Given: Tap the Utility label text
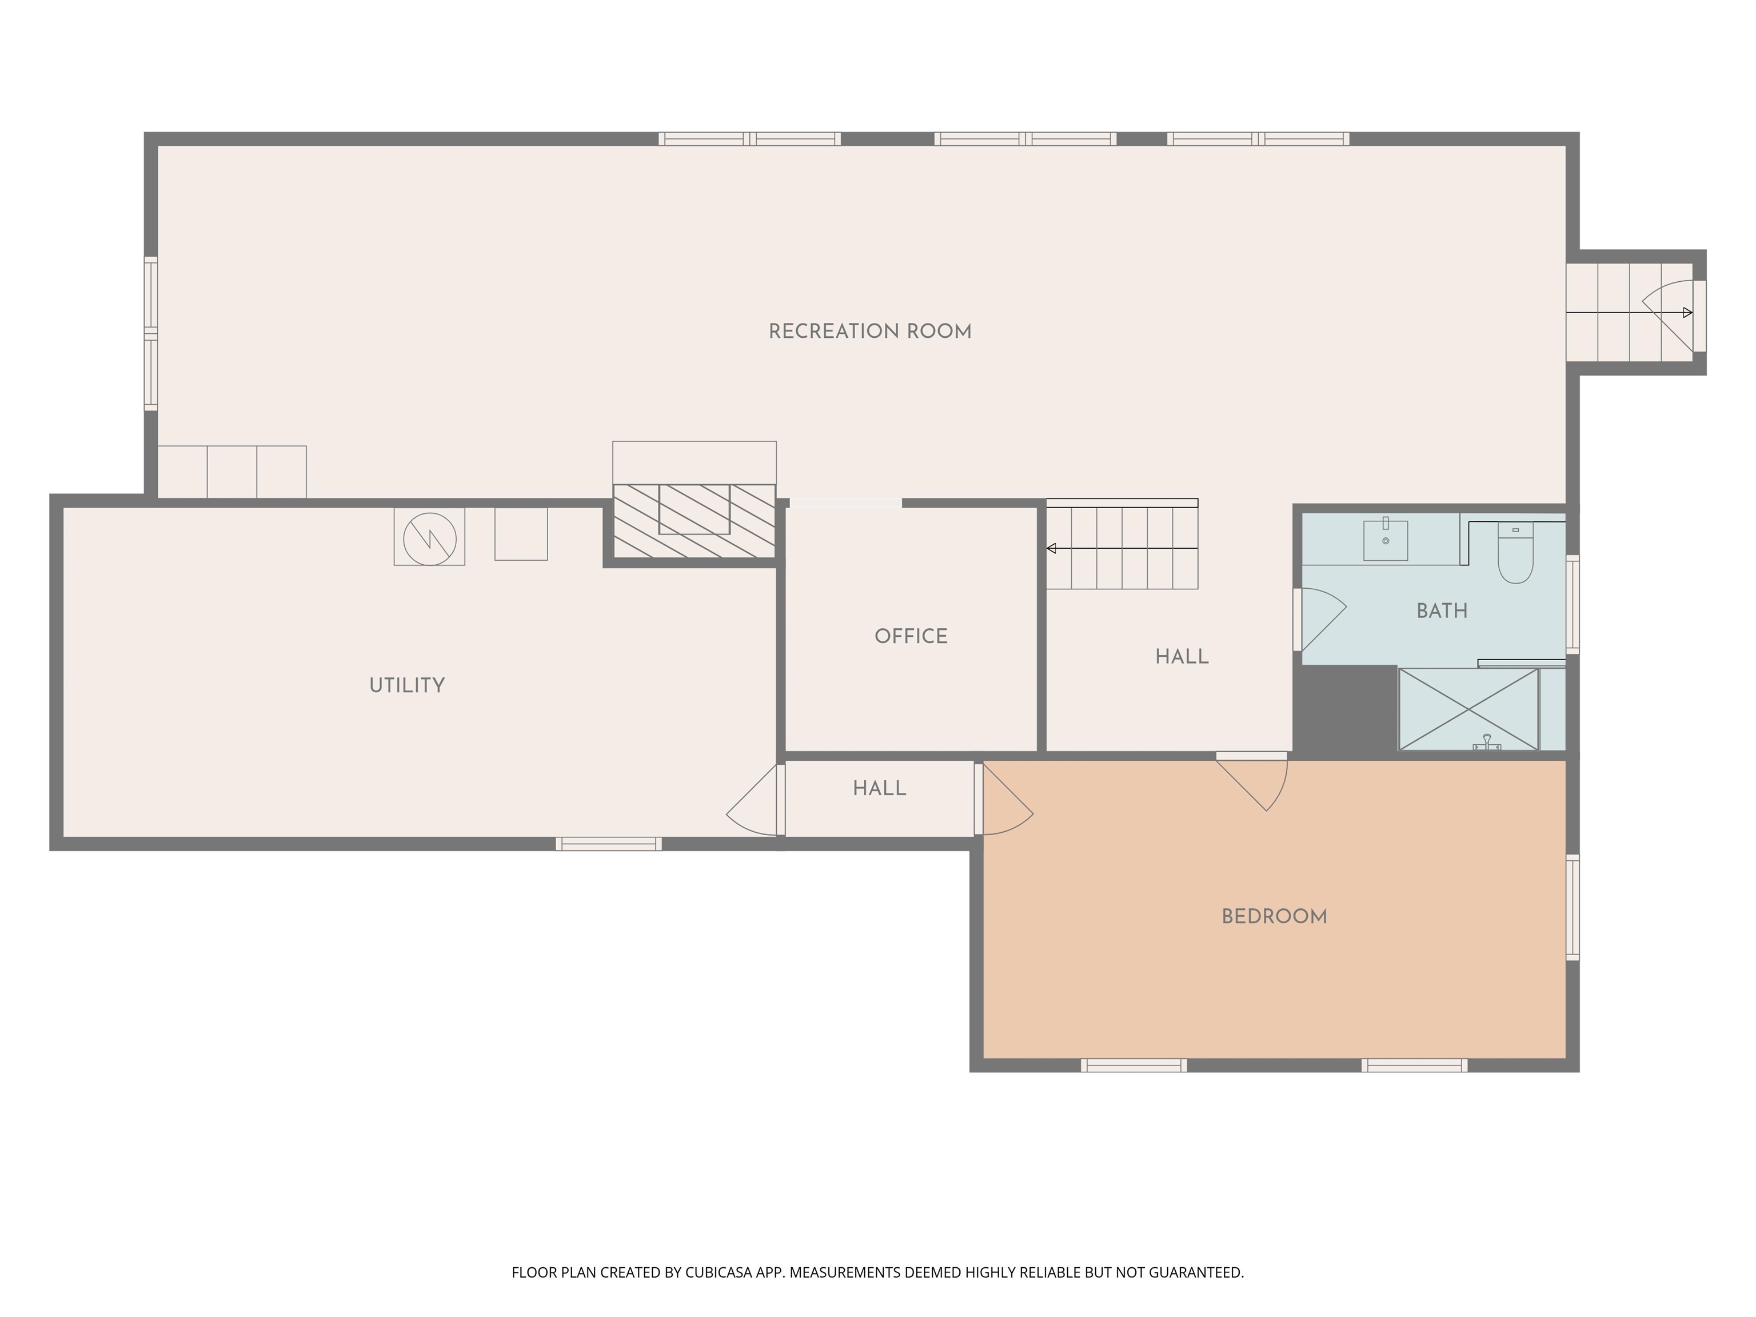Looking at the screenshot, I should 406,685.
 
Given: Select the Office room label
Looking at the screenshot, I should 911,636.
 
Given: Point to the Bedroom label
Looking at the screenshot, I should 1274,916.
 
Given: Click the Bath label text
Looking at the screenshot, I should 1442,610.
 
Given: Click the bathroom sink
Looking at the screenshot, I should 1385,541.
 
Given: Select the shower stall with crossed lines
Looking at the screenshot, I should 1468,709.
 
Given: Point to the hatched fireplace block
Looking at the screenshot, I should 694,521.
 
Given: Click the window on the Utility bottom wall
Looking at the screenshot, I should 608,844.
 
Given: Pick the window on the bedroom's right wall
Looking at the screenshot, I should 1572,907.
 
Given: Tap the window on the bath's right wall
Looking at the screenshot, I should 1572,604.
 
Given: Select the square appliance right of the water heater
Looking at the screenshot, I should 521,534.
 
